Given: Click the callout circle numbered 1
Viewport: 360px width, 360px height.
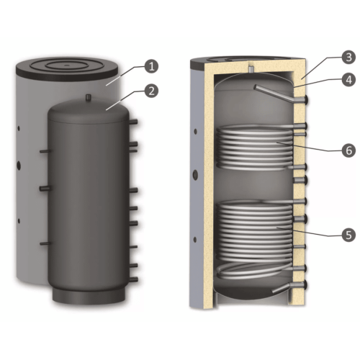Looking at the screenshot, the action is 151,66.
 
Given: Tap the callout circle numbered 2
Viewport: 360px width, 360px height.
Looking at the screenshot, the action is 151,91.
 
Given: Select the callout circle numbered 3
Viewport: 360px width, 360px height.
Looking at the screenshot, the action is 348,57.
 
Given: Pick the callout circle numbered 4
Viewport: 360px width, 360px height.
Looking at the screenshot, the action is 348,79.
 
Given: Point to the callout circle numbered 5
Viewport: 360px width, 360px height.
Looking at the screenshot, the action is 348,235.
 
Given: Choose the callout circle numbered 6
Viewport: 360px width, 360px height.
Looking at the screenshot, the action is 348,150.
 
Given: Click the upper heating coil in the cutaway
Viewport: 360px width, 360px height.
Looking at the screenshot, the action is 255,148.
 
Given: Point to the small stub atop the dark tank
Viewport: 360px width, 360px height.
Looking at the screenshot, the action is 89,97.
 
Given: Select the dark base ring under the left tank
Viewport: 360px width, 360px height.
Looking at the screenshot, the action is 89,295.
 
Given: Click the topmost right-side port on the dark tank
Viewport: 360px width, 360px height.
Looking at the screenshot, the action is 133,122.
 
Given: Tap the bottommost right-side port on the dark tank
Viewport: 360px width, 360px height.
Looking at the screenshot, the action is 134,279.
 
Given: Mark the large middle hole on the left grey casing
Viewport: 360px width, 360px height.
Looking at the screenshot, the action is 19,165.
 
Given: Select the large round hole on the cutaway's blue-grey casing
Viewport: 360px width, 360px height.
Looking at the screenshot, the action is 196,174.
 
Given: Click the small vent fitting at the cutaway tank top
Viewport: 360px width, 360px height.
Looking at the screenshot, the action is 251,69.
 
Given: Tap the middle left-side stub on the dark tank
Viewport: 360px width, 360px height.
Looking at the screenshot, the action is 45,189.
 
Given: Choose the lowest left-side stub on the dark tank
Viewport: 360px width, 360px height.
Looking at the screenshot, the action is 45,243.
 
